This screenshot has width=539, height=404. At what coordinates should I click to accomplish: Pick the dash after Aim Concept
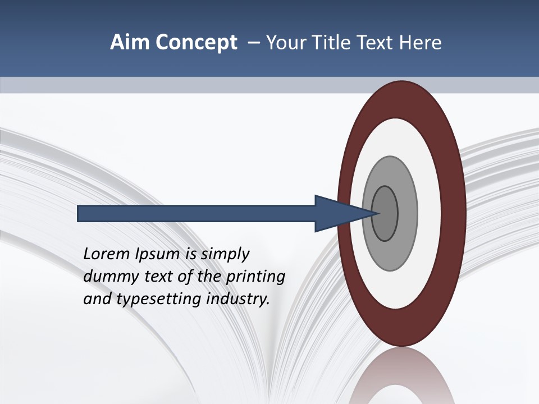point(253,43)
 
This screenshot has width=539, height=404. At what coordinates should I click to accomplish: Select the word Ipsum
point(158,254)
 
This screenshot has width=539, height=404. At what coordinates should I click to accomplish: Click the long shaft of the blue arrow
point(197,213)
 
